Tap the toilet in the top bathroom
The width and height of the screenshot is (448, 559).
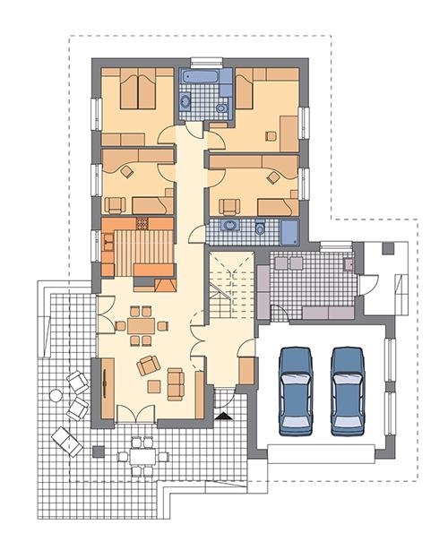click(221, 108)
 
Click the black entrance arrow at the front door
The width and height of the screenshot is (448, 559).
click(221, 416)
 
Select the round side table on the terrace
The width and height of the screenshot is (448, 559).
click(56, 395)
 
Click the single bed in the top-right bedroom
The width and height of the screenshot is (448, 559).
click(252, 94)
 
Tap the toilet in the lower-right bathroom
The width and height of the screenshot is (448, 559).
click(260, 228)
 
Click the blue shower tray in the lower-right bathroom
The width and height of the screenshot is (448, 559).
click(291, 231)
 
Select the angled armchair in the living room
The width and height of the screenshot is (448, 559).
click(148, 365)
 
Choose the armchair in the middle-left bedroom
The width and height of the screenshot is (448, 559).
click(125, 170)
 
